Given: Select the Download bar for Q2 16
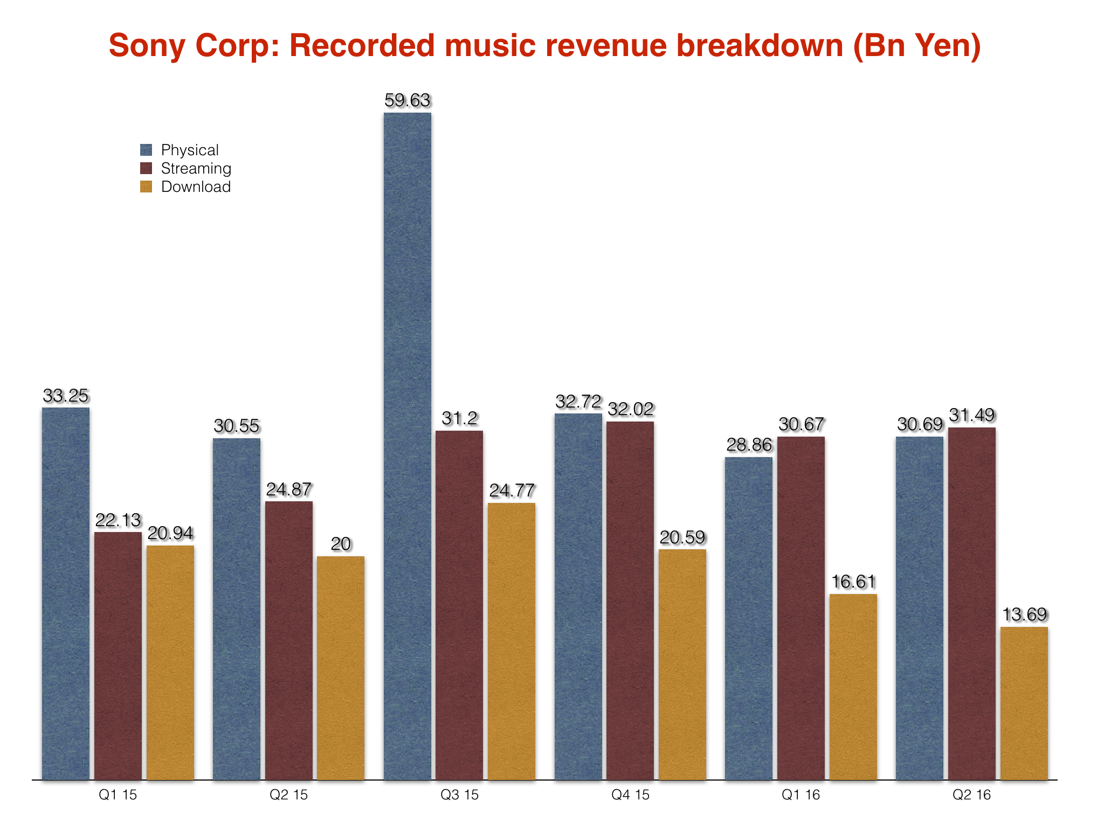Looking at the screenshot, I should tap(1024, 703).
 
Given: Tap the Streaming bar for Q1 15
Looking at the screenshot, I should tap(118, 655).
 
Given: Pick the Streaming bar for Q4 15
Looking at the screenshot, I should tap(630, 601).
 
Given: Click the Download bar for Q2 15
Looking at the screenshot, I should tap(341, 668).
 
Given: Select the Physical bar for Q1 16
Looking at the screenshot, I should tap(749, 618).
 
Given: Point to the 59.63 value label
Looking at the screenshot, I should tap(408, 101).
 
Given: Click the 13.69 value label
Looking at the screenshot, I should tap(1024, 615).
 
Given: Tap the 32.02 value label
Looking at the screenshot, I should tap(631, 410).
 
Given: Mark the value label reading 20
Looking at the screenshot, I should tap(341, 544).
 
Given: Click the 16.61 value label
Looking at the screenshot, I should tap(853, 582).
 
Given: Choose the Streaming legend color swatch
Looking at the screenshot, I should tap(146, 168).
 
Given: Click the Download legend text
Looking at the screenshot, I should tap(196, 187).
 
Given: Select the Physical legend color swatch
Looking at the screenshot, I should tap(146, 150).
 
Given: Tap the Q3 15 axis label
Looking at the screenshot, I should tap(459, 795).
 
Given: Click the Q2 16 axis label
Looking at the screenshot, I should tap(971, 795).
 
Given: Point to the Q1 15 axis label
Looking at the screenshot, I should tap(118, 795).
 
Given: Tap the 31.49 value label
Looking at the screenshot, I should tap(972, 416).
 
